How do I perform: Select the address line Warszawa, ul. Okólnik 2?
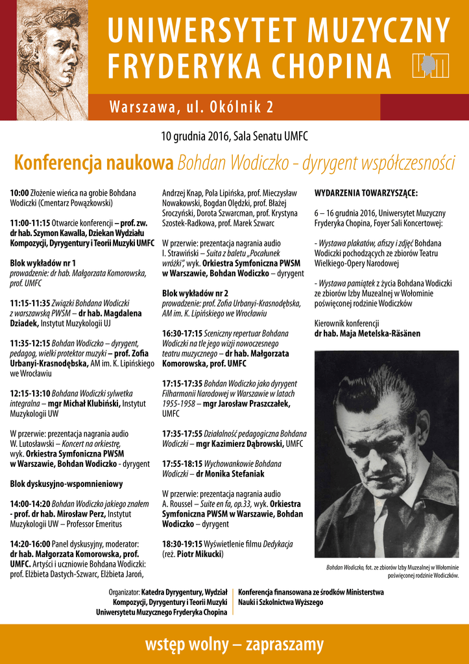191,106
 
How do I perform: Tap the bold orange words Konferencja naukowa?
94,163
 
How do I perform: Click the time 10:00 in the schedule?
19,193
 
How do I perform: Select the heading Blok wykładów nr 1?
43,263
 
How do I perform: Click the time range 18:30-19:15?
182,544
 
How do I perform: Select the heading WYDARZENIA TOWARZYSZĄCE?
366,193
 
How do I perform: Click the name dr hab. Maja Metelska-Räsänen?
367,333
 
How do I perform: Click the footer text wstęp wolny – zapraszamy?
234,645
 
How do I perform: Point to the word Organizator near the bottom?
124,592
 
